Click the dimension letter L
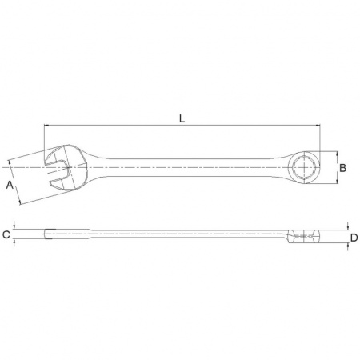pos(182,118)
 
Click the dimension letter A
pos(10,185)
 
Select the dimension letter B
pos(342,168)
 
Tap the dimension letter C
pos(6,234)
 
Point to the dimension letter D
pos(354,238)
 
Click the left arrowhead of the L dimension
pos(46,125)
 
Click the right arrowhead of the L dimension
pos(318,125)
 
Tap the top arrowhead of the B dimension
pos(338,154)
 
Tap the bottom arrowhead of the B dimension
pos(338,181)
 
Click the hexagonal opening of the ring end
pos(304,168)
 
